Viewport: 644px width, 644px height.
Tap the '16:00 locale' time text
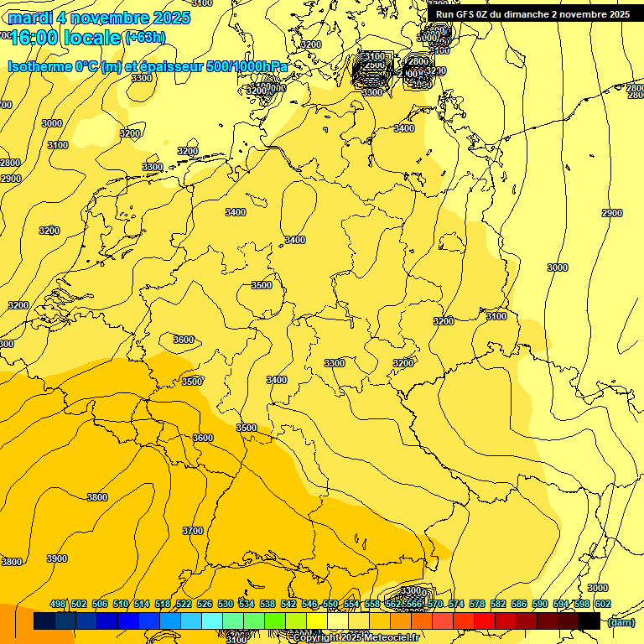coord(65,37)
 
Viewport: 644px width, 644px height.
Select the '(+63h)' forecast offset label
coord(145,37)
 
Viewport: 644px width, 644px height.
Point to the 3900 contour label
coord(57,558)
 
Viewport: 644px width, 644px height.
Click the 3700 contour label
coord(193,531)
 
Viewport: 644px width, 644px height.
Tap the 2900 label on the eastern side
coord(612,213)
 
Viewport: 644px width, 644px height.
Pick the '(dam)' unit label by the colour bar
coord(621,622)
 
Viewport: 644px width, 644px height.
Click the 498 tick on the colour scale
coord(58,604)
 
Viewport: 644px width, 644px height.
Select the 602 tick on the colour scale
coord(603,604)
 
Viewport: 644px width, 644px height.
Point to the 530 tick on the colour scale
coord(226,604)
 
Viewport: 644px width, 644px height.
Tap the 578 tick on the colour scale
coord(477,604)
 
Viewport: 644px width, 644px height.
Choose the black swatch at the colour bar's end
coord(589,621)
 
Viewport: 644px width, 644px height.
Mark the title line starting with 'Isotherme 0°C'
coord(148,66)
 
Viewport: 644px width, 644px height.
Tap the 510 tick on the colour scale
coord(121,604)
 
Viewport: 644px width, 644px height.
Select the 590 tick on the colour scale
coord(540,604)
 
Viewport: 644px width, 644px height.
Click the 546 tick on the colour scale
coord(309,604)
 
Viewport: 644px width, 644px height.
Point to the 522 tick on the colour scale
coord(184,604)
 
